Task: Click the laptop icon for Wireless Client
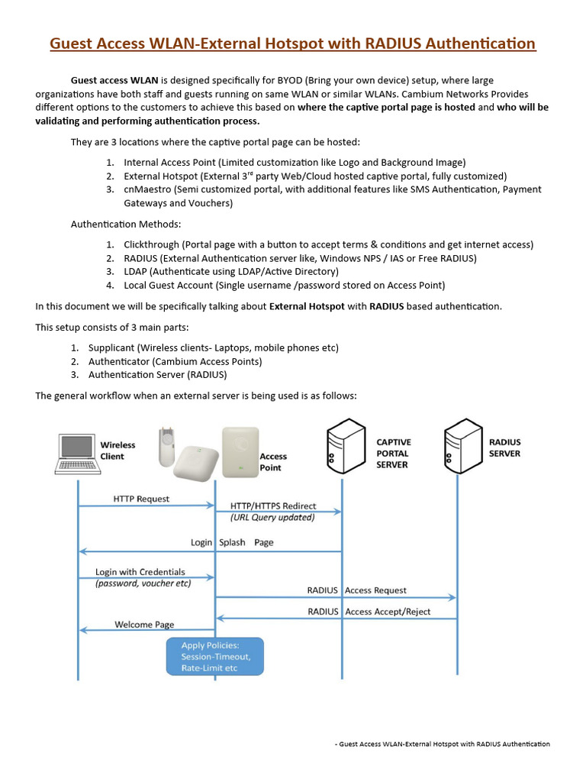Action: pyautogui.click(x=78, y=454)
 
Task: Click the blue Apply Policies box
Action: pyautogui.click(x=215, y=657)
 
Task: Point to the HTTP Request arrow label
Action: pyautogui.click(x=141, y=499)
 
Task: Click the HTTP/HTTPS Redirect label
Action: pyautogui.click(x=273, y=506)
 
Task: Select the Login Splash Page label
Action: pyautogui.click(x=232, y=542)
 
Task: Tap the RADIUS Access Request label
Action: pyautogui.click(x=356, y=590)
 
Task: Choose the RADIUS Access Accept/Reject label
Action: pyautogui.click(x=369, y=612)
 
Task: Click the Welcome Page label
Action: pyautogui.click(x=144, y=624)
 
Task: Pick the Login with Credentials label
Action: pyautogui.click(x=140, y=572)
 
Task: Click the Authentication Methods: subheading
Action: pyautogui.click(x=126, y=225)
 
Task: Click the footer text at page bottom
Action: pyautogui.click(x=443, y=744)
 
